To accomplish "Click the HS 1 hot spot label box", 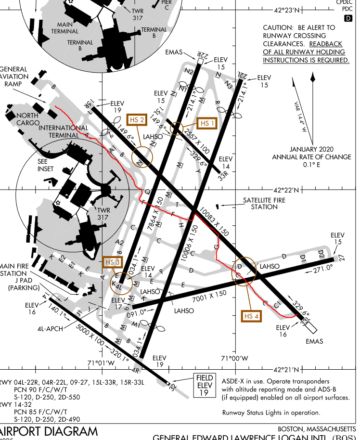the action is [208, 123].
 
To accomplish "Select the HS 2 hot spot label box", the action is [138, 120].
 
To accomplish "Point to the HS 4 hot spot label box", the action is [251, 316].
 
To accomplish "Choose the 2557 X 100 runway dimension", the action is [197, 142].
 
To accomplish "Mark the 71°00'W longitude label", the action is [234, 358].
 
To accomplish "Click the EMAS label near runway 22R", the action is [174, 51].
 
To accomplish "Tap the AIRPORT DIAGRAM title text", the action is [49, 431].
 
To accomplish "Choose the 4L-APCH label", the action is [50, 329].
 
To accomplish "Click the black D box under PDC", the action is [348, 18].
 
